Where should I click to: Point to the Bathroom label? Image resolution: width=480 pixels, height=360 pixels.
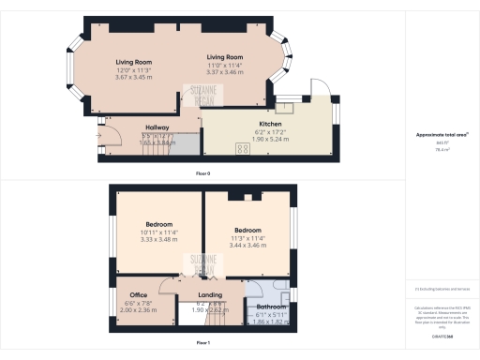click(x=272, y=307)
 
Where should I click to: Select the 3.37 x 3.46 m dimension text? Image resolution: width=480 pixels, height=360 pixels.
click(x=226, y=71)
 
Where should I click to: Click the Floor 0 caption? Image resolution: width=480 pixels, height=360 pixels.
click(x=202, y=174)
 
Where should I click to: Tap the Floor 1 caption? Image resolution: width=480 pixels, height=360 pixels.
click(x=202, y=344)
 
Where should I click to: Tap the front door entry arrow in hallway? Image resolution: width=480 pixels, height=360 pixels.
click(x=98, y=134)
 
